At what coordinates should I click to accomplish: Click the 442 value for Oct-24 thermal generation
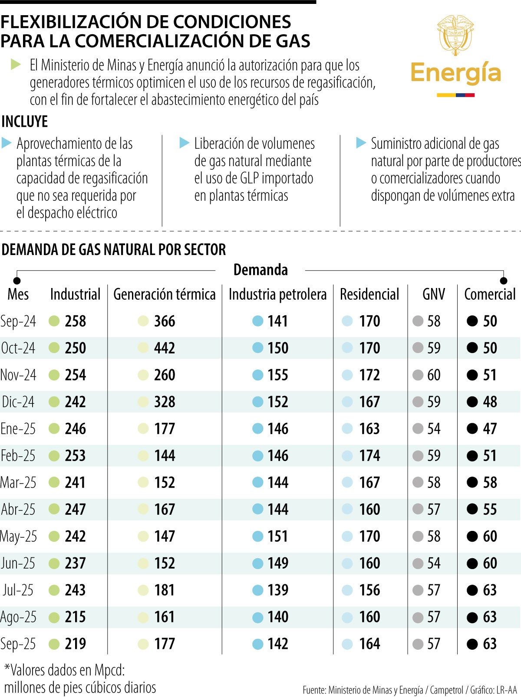point(164,348)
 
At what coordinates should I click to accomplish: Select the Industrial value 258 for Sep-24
point(76,321)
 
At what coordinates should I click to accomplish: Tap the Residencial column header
point(369,294)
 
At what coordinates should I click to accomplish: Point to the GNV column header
point(433,294)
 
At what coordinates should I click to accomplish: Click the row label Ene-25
point(18,429)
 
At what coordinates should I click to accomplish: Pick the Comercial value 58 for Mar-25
point(490,482)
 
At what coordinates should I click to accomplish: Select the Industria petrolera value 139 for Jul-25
point(278,590)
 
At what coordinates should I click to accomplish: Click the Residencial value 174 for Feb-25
point(369,455)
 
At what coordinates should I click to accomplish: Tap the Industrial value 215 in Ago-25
point(76,617)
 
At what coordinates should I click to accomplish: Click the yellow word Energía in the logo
point(455,73)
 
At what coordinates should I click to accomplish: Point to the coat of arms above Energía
point(455,35)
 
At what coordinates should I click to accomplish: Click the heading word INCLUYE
point(25,121)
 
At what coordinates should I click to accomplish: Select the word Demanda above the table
point(260,270)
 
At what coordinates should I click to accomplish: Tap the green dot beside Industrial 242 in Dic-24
point(54,402)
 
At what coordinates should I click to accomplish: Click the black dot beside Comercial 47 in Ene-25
point(472,429)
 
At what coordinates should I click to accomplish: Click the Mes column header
point(18,294)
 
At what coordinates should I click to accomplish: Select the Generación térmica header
point(164,294)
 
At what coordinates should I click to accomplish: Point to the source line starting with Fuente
point(409,690)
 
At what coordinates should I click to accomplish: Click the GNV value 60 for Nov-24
point(433,375)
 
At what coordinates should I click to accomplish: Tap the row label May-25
point(19,536)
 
